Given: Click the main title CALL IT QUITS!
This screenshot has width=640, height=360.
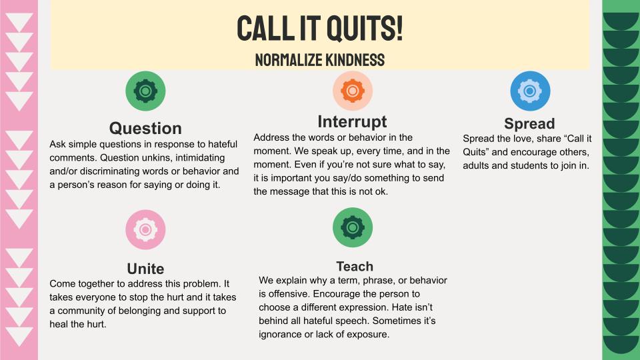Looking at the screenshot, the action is pos(319,28).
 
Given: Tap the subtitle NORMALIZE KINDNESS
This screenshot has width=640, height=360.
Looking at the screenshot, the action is pos(319,60).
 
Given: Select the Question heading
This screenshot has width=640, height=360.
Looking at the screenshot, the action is pos(145,128).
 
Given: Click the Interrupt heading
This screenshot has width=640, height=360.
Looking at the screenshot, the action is pos(352,121).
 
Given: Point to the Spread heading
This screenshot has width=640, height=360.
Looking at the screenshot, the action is pos(529,123).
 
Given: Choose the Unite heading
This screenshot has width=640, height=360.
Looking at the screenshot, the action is pos(145,269).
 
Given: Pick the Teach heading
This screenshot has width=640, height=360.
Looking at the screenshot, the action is pos(355,266).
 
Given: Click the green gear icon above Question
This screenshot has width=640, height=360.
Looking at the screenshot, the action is pos(145,91).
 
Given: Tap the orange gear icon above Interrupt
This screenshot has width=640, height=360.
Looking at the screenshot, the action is pos(353,91).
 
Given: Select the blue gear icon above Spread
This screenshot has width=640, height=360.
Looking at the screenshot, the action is pos(530,91).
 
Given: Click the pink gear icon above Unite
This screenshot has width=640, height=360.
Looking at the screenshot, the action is pos(145,229).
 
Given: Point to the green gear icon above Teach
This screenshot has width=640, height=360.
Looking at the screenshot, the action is pos(353,227).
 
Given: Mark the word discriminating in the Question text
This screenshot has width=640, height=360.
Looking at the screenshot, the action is pos(109,171).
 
